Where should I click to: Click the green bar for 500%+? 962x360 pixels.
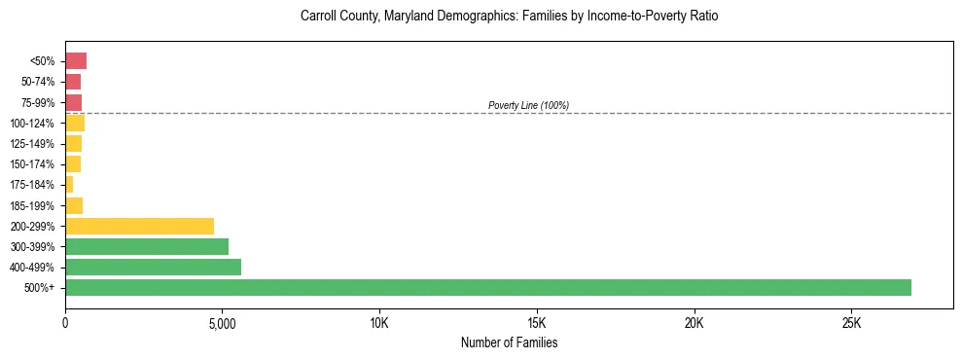pos(488,288)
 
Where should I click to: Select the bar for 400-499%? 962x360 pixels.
pos(153,268)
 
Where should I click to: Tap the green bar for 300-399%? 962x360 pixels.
pos(147,247)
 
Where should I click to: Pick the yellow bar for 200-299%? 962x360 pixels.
pos(139,226)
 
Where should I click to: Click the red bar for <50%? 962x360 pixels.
pos(76,61)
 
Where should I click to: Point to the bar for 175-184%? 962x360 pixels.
pos(69,185)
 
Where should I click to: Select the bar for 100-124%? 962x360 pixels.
pos(75,123)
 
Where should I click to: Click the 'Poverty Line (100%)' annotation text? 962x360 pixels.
pos(528,105)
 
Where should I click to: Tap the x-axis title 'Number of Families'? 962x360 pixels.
pos(509,343)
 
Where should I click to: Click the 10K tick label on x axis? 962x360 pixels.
pos(379,323)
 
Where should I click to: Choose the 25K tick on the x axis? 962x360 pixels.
pos(851,323)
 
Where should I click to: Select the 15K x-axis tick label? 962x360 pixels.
pos(537,323)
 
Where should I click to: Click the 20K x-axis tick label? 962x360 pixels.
pos(695,323)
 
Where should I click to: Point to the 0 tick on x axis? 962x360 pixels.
pos(65,323)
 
